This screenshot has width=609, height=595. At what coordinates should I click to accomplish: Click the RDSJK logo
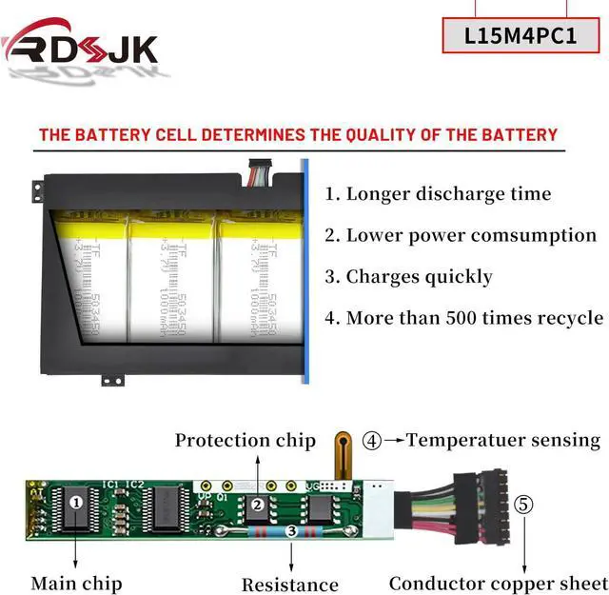pos(80,46)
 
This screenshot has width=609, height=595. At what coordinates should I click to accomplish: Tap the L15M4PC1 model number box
pos(521,36)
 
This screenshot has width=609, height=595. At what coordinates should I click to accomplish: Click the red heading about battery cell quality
pos(298,134)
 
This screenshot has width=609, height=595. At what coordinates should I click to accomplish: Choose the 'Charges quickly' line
pos(408,277)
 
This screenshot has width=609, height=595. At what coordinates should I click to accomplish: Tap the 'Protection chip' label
pos(245,441)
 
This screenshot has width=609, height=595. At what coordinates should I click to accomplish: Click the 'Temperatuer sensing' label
pos(503,440)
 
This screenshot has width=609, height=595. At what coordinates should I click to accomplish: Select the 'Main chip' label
pos(76,583)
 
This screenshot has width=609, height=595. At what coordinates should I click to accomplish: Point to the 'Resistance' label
pos(289,585)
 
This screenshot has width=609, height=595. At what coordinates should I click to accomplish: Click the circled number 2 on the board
pos(256,505)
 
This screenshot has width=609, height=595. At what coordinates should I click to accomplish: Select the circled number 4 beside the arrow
pos(372,441)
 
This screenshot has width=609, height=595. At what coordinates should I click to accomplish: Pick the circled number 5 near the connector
pos(523,504)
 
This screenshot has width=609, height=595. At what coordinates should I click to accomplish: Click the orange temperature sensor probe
pos(343,453)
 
